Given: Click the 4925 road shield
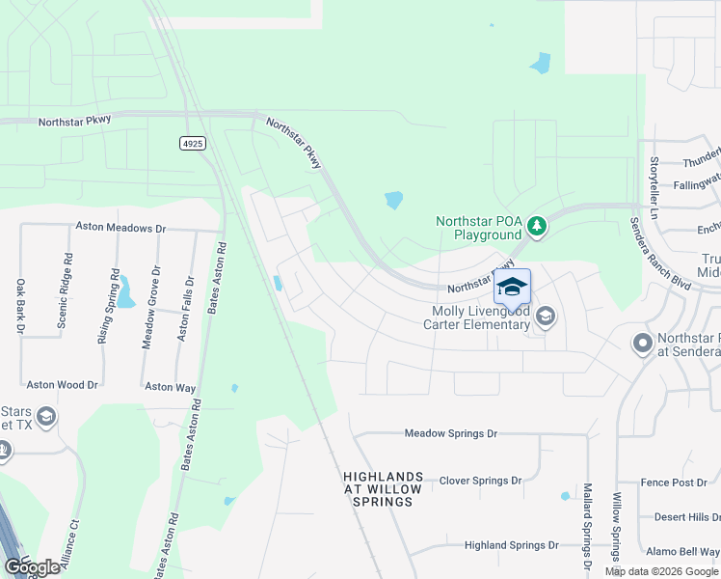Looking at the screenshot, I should coord(193,143).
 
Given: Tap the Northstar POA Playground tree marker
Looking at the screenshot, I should coord(537,228).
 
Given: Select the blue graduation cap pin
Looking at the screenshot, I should coord(512,287).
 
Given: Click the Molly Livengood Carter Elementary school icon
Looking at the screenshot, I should coord(546,317).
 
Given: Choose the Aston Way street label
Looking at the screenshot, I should coord(171,387).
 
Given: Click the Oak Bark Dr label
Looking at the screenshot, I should coord(19,306).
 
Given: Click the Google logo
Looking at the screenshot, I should coord(33,566).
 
